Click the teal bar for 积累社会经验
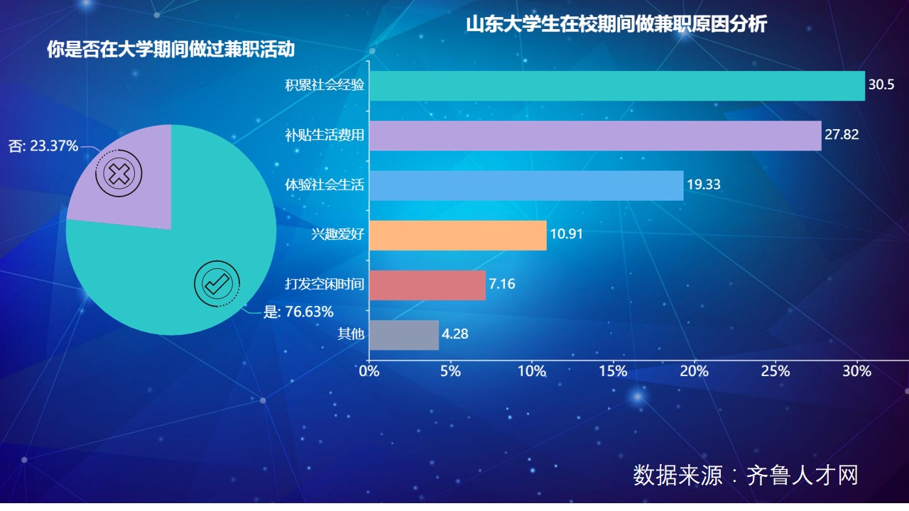[616, 86]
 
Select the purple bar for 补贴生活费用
[595, 136]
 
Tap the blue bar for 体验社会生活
[526, 185]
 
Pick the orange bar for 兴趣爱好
[457, 235]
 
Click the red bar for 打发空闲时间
[427, 285]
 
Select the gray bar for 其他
[403, 334]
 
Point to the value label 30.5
[880, 85]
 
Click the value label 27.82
[842, 135]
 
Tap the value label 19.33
[703, 185]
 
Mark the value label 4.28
[454, 334]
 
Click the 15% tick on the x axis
[613, 371]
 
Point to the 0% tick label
[369, 371]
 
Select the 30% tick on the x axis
[856, 371]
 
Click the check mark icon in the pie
[217, 282]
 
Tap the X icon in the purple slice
[119, 173]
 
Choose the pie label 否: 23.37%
[43, 146]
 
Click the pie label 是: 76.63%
[298, 312]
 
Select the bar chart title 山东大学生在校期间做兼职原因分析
[616, 24]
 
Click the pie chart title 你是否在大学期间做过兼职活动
[170, 50]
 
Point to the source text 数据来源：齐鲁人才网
[746, 475]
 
